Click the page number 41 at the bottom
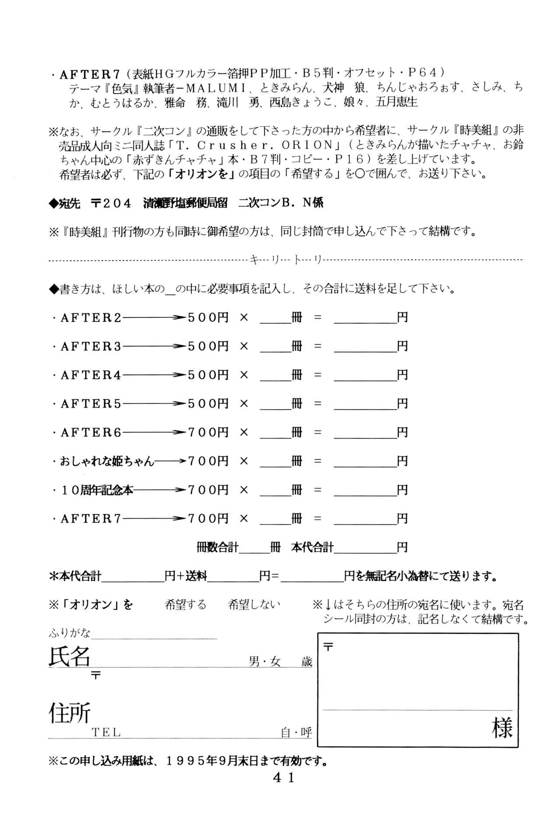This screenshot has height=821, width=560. (283, 777)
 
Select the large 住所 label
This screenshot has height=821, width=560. (69, 712)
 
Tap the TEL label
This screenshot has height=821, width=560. (106, 733)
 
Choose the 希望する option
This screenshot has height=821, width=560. (185, 605)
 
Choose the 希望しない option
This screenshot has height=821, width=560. (254, 605)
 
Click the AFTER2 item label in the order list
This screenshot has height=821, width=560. (91, 318)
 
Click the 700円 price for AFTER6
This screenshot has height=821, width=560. (208, 432)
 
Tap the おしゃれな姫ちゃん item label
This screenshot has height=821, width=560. (107, 461)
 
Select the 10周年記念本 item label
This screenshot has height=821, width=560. (97, 490)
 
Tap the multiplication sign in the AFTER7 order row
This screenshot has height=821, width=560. (244, 519)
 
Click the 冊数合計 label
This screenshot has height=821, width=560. (217, 547)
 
